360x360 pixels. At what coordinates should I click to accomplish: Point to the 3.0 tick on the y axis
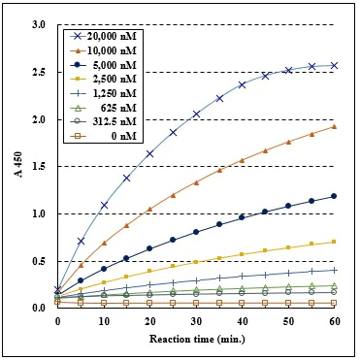pyautogui.click(x=39, y=25)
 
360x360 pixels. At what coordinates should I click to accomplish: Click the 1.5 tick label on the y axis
pyautogui.click(x=39, y=167)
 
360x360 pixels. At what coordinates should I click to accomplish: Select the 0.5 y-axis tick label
pyautogui.click(x=39, y=261)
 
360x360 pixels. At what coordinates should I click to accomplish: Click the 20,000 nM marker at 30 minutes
pyautogui.click(x=196, y=114)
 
